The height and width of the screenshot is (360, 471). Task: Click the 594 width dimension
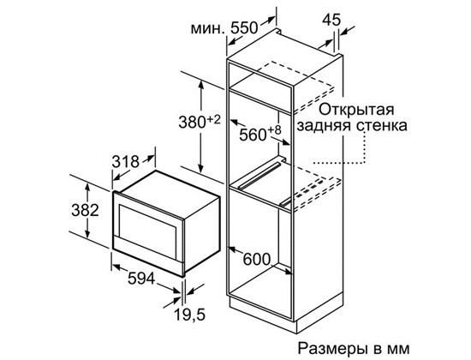coord(141,279)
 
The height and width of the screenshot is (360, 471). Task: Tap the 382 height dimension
coord(85,210)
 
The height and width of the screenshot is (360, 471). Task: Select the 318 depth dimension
coord(126,162)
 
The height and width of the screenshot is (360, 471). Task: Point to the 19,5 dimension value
coord(189,315)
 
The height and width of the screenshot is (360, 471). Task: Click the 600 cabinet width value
coord(257,259)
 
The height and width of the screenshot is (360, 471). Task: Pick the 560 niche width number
coord(253,135)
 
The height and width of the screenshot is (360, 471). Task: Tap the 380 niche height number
coord(192,123)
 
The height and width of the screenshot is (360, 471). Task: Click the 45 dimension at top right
coord(331,20)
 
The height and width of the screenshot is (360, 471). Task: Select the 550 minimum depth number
coord(244,28)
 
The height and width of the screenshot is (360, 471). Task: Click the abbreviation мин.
coord(208,29)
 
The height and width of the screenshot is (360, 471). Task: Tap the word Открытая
coord(356,110)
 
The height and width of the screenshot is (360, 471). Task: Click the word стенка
coord(381,126)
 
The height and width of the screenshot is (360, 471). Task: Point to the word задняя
coord(324,126)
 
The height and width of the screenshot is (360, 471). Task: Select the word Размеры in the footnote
coord(333,349)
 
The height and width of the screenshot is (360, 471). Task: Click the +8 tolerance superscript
coord(274,130)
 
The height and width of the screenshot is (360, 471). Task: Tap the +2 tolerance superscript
coord(213,120)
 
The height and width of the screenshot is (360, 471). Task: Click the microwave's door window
coord(147,223)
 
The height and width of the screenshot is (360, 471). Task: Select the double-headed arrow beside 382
coord(87,211)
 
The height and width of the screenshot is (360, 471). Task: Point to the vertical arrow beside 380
coord(201,127)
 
